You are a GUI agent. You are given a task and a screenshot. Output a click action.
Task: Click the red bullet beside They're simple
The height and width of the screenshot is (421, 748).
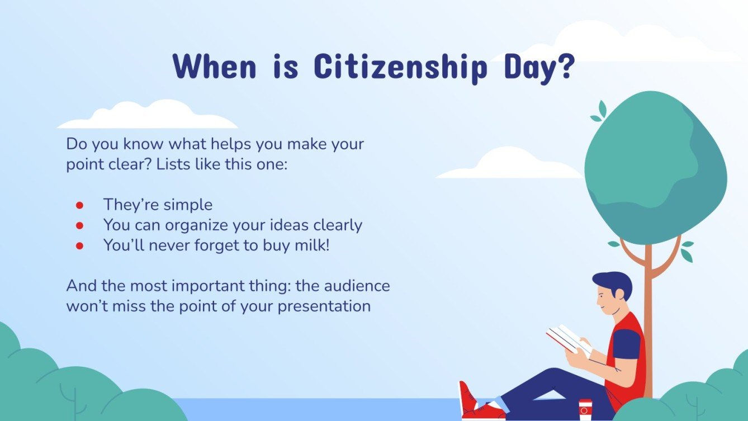coord(79,205)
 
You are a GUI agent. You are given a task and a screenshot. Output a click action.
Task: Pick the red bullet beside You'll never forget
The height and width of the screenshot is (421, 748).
coord(79,245)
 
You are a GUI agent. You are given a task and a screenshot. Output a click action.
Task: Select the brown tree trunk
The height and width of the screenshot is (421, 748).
coord(648,313)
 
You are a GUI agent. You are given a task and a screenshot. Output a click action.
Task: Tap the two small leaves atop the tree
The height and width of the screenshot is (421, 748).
coord(599,112)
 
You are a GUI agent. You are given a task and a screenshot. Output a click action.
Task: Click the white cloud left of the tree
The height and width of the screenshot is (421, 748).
coord(509,165)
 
